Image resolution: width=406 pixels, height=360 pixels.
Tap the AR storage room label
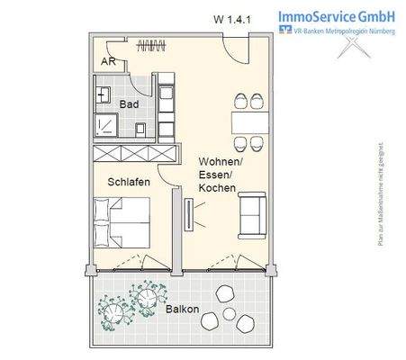[x=108, y=62]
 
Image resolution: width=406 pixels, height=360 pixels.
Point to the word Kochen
[x=217, y=188]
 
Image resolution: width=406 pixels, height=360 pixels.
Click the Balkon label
[x=183, y=309]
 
